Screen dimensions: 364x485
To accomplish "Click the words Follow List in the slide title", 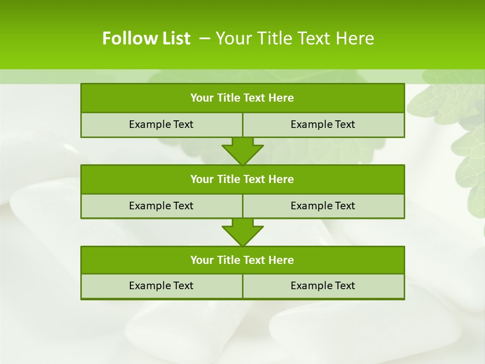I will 146,38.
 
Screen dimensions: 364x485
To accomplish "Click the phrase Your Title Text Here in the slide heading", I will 295,38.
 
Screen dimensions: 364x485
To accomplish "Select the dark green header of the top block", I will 243,98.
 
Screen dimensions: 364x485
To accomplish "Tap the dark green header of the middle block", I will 243,179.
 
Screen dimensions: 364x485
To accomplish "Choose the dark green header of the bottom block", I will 243,260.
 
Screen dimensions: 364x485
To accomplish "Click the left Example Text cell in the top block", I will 161,125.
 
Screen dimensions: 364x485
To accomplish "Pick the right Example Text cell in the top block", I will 323,125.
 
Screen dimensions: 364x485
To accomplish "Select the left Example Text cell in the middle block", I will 161,206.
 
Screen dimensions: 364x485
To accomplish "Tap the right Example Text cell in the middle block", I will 323,206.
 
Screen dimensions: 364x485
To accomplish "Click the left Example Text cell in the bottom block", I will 161,286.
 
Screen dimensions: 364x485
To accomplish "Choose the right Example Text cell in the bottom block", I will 323,286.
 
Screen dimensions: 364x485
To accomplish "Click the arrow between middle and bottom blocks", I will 243,232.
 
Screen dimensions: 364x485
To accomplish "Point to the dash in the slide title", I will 205,38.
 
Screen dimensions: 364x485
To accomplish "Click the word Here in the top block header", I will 281,98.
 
